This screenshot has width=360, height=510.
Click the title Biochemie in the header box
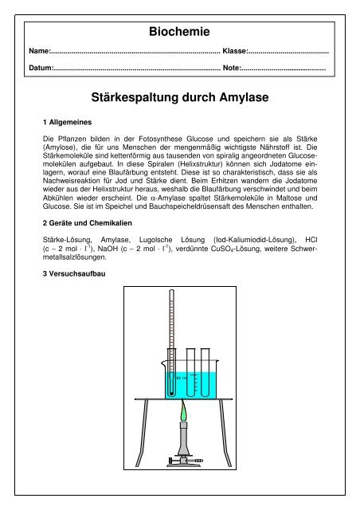[x=179, y=33]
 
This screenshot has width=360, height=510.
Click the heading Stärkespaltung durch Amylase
[x=180, y=99]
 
